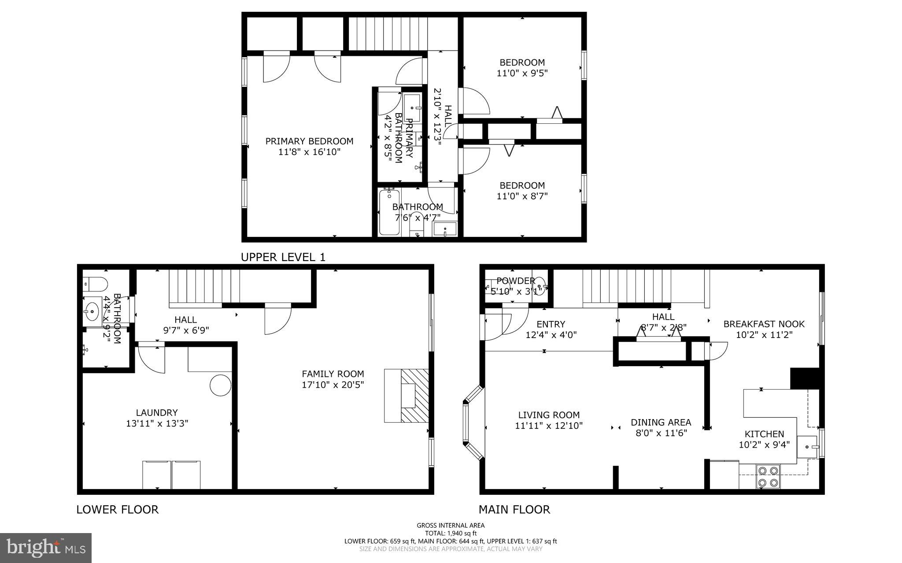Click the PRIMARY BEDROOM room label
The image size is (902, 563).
point(309,141)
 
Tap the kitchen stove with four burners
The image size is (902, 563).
point(768,477)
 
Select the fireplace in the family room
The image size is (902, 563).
point(407,396)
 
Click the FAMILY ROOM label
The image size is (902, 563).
point(333,374)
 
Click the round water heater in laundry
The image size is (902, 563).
point(220,386)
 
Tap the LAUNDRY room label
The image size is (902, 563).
point(156,412)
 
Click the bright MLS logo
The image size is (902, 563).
point(46,547)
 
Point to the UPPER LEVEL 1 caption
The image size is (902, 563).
point(283,258)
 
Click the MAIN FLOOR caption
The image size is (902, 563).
point(514,510)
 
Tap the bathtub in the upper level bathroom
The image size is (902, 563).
point(389,212)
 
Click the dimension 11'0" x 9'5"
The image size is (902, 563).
point(522,73)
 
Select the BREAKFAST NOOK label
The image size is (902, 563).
point(764,324)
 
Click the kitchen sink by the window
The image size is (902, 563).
point(808,447)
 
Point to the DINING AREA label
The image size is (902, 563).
point(661,422)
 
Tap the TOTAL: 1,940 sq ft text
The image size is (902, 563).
point(451,533)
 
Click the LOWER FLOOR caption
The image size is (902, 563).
point(117,510)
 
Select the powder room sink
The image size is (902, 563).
point(540,286)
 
